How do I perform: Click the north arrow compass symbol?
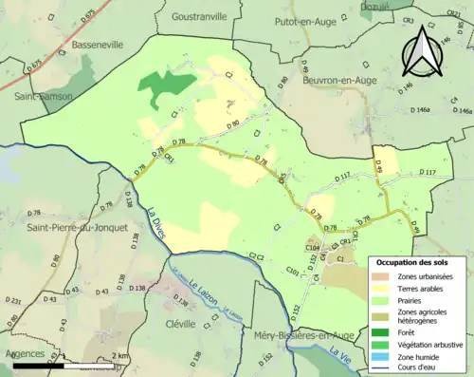coord(423,47)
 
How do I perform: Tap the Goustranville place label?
coord(201,16)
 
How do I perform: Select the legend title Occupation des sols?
coord(416,262)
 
